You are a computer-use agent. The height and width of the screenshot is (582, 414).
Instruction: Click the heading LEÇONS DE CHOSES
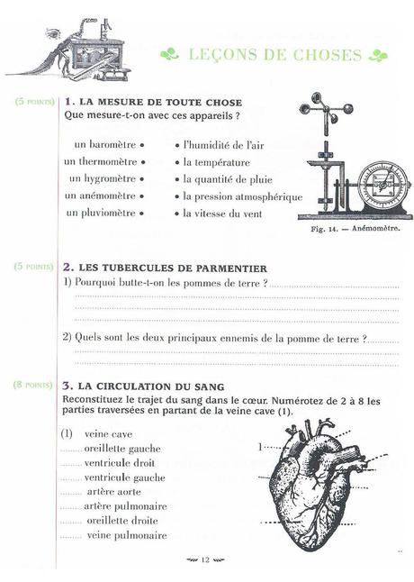click(x=274, y=55)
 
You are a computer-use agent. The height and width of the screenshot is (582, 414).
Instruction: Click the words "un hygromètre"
click(x=102, y=178)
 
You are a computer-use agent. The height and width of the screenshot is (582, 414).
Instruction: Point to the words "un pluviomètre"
click(x=102, y=213)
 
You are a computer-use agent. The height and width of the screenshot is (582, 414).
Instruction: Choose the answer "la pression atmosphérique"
click(x=242, y=196)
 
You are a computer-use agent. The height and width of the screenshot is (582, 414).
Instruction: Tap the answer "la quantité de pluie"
click(x=229, y=178)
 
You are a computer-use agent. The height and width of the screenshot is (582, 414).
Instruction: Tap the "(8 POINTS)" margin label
click(x=33, y=385)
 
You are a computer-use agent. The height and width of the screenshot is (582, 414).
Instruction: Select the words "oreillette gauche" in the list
click(x=122, y=448)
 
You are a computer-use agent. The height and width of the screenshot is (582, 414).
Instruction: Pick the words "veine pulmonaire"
click(x=126, y=535)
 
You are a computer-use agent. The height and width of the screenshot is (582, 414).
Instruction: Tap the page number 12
click(x=205, y=559)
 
